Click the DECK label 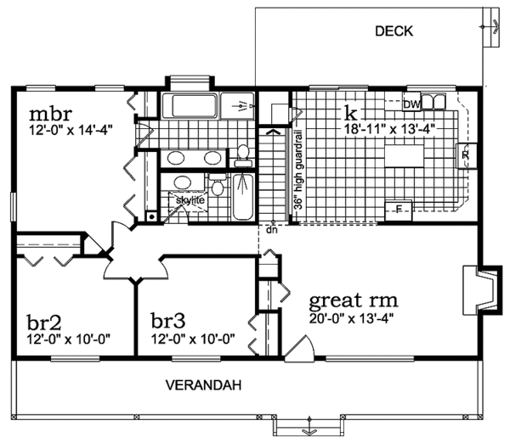[394, 31]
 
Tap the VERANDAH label [204, 385]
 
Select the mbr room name [50, 114]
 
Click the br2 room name [44, 322]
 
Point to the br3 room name [168, 321]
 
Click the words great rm [354, 300]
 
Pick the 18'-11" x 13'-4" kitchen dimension [389, 129]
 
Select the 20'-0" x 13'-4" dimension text [352, 318]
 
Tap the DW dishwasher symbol [411, 104]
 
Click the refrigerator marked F [399, 210]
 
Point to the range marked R [466, 155]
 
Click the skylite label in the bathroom [190, 200]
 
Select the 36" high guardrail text [299, 170]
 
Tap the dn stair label [272, 230]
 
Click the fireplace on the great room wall [480, 290]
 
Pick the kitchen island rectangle [405, 156]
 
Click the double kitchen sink [433, 101]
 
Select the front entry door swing [299, 349]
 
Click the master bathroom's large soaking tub [190, 105]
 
